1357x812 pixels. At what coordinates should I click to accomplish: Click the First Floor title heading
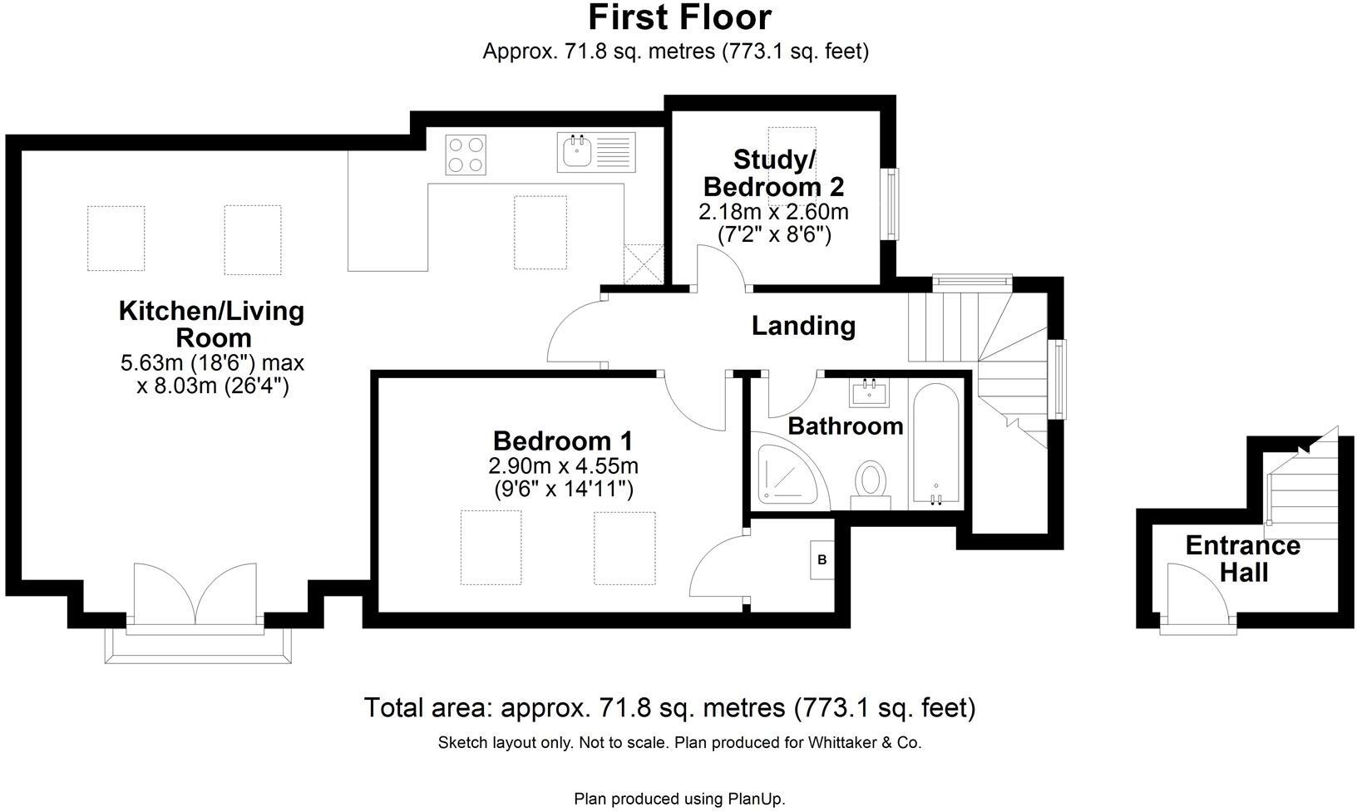pos(679,17)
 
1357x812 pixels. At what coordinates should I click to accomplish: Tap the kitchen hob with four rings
pos(466,155)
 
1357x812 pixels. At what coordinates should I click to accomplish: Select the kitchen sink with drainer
pos(595,153)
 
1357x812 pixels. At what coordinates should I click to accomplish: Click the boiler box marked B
pos(822,560)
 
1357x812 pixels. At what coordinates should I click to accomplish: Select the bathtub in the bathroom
pos(937,444)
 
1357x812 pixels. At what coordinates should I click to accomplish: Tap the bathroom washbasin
pos(870,391)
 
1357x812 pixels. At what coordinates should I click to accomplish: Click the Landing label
pos(803,326)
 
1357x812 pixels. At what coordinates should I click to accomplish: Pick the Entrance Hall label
pos(1242,559)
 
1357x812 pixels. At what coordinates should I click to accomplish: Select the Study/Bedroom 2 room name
pos(774,172)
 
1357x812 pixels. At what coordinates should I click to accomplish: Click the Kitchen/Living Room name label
pos(212,324)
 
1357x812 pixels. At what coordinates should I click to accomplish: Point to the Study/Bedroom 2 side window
pos(892,204)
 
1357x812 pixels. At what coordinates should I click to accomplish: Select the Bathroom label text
pos(846,426)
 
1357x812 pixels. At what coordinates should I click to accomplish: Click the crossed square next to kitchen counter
pos(644,263)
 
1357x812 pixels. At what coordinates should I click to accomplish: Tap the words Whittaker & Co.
pos(865,743)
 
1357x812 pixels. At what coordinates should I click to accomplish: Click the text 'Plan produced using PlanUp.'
pos(679,800)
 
